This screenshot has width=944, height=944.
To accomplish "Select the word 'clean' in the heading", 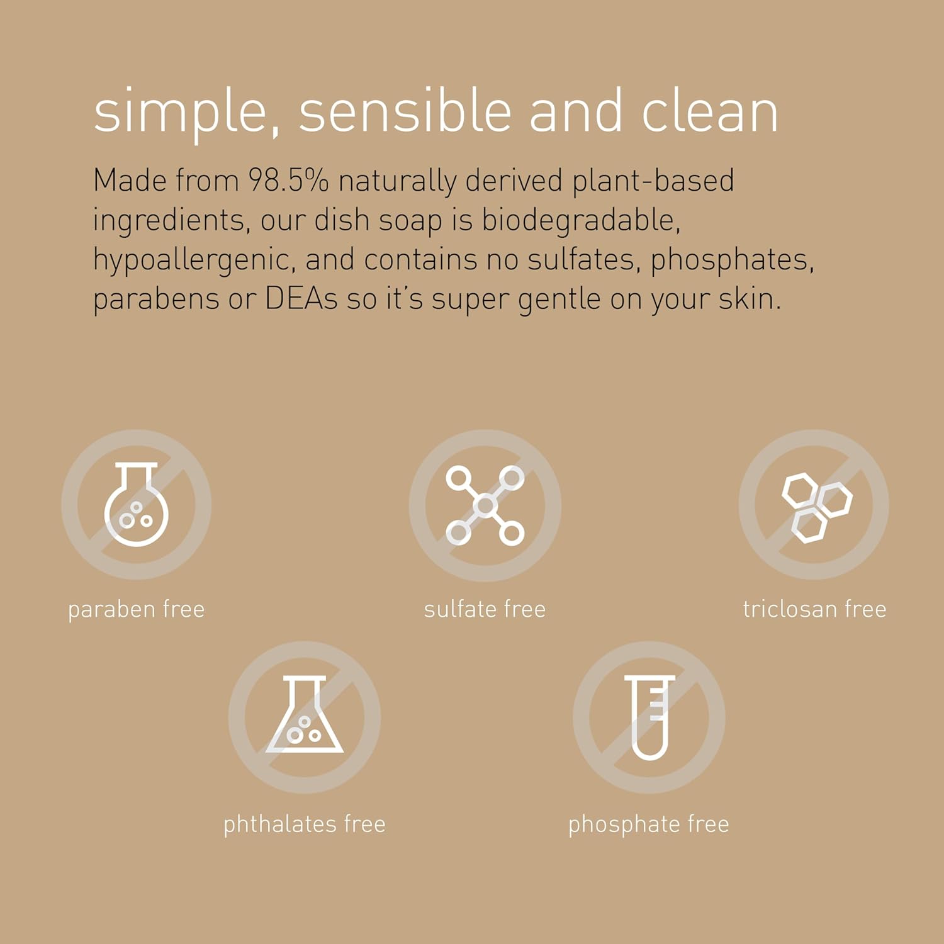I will click(x=709, y=112).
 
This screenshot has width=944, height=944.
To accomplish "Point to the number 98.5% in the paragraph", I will click(x=288, y=181).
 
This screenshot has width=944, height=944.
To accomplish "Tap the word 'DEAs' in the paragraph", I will click(x=301, y=299).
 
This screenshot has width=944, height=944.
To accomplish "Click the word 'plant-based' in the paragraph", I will click(x=653, y=181).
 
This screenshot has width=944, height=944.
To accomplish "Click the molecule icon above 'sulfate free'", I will click(x=485, y=505).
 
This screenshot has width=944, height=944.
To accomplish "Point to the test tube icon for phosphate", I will click(x=649, y=717).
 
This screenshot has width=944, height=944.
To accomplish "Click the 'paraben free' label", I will click(x=136, y=609).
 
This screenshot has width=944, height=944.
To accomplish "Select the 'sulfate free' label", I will click(x=485, y=609).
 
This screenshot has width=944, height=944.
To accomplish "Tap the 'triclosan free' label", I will click(x=814, y=609).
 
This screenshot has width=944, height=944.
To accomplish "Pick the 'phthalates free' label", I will click(x=305, y=824).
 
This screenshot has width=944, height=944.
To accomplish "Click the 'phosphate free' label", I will click(x=649, y=824).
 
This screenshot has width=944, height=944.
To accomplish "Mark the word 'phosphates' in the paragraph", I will click(x=731, y=260).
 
